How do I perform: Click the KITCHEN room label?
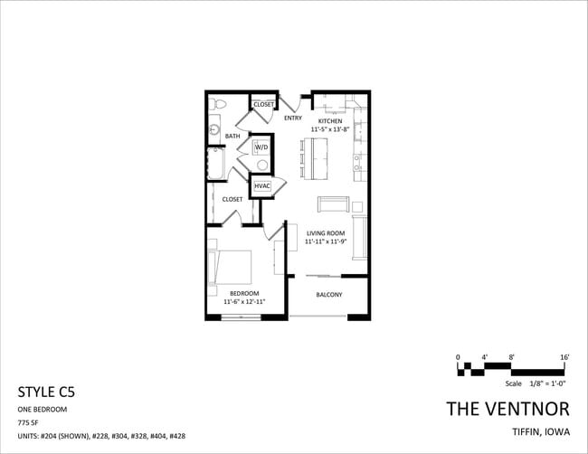click(x=329, y=120)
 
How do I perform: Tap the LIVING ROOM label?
click(x=325, y=233)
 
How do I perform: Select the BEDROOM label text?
click(x=244, y=293)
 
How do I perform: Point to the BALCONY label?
click(x=328, y=295)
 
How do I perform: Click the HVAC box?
click(x=262, y=186)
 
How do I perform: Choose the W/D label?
click(x=261, y=147)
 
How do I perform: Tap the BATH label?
click(x=232, y=137)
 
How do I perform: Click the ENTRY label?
click(x=292, y=118)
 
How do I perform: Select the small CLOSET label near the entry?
click(x=263, y=105)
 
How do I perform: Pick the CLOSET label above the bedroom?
click(x=232, y=199)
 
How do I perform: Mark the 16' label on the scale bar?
click(x=564, y=358)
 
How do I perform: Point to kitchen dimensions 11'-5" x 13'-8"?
click(x=329, y=129)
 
